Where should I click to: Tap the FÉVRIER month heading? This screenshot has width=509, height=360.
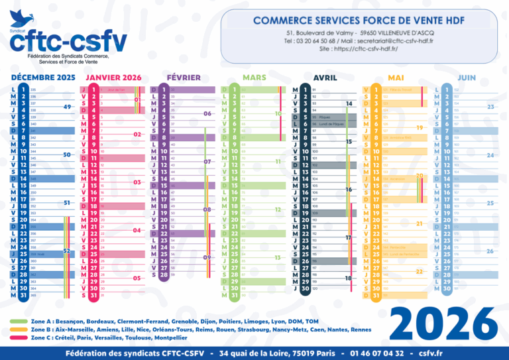coord(184,78)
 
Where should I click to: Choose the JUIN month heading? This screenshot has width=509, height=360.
coord(467,78)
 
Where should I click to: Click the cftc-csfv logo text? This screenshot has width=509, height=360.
coord(68,42)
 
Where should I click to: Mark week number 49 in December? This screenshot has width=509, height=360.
coord(67,107)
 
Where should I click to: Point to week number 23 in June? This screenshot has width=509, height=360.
coord(490,107)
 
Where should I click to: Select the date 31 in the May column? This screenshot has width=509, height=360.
coord(376,296)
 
